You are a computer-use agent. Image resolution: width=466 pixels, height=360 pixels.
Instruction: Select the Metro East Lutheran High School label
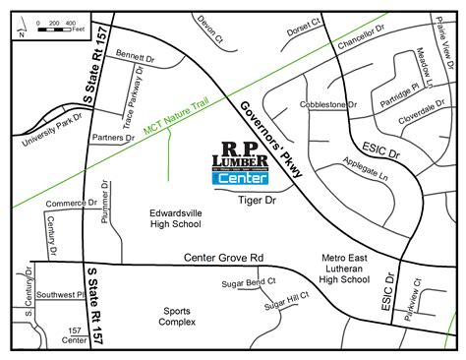pyautogui.click(x=344, y=268)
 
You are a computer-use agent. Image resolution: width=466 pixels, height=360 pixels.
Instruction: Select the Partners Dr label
pyautogui.click(x=112, y=138)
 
